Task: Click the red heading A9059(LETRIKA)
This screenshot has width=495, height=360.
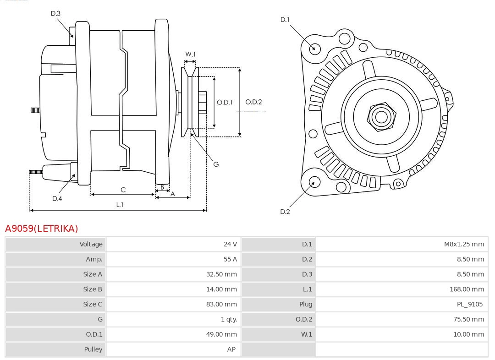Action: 42,228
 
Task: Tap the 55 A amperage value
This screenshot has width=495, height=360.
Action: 230,259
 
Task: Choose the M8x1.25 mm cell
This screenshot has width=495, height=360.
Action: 463,244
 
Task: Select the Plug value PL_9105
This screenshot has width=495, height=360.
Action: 469,304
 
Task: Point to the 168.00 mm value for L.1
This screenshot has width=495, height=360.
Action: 467,289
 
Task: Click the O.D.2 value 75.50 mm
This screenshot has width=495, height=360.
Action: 468,319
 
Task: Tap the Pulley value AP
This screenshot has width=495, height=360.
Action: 231,349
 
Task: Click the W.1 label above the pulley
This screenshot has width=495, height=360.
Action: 190,54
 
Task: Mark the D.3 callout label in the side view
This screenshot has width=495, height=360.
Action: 55,14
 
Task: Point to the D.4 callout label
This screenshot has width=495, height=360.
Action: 57,198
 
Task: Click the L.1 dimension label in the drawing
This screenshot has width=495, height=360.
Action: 119,205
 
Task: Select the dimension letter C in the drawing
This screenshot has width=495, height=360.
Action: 123,190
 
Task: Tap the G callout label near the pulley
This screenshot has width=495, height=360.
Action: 216,164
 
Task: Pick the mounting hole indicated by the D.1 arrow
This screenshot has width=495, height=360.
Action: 315,48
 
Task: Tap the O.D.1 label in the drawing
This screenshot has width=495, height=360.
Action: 225,102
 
